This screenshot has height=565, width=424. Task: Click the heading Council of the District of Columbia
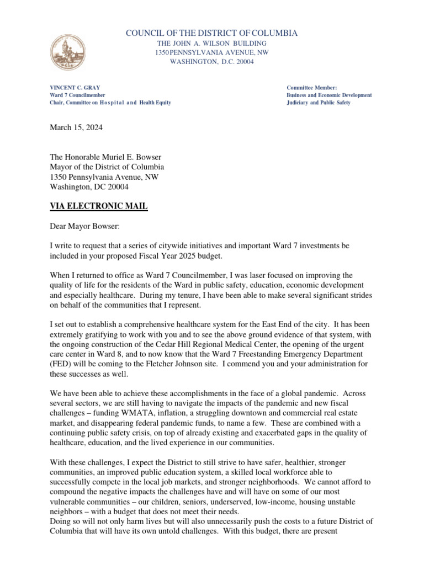pos(212,34)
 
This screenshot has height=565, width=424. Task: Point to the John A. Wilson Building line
pos(212,43)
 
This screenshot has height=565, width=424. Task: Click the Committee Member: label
pos(308,88)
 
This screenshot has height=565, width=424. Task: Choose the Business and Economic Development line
pos(329,95)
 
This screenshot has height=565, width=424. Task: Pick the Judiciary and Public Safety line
pos(319,103)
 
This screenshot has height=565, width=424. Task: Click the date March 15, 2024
pos(76,127)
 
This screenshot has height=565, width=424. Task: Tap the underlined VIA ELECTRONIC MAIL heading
pos(98,206)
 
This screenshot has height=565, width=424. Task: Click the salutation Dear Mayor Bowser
pos(92,226)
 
